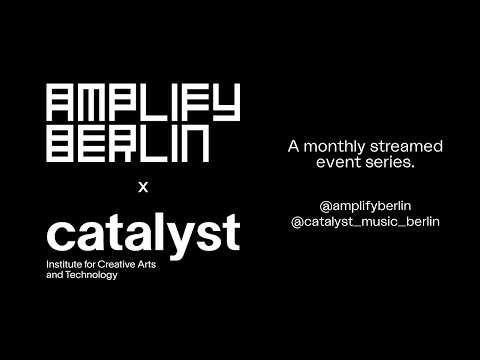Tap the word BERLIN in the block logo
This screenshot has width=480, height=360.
pyautogui.click(x=128, y=145)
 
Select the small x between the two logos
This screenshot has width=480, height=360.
pyautogui.click(x=143, y=186)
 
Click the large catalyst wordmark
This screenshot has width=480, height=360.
pyautogui.click(x=143, y=233)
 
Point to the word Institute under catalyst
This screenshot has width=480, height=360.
pyautogui.click(x=65, y=264)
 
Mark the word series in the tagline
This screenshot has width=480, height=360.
pyautogui.click(x=385, y=163)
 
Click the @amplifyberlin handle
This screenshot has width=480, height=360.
pyautogui.click(x=365, y=205)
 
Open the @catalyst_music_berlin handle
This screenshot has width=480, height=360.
pyautogui.click(x=365, y=221)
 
